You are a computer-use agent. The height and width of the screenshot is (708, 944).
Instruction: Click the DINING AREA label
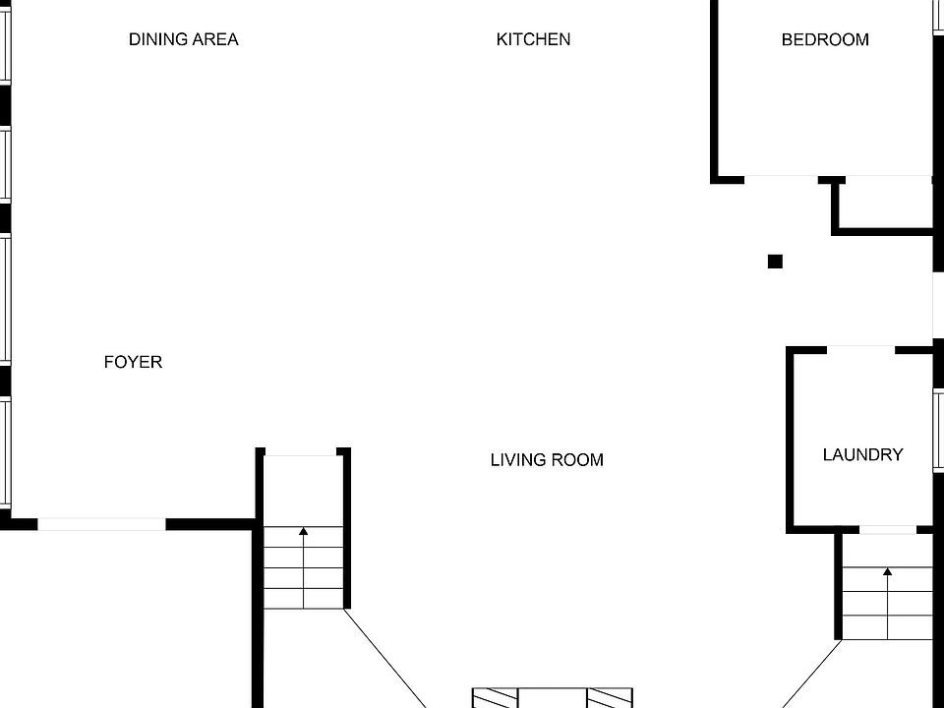[x=183, y=39]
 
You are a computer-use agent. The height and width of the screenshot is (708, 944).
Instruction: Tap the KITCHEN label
[x=533, y=39]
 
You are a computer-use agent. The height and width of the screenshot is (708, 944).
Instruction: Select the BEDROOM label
[x=825, y=39]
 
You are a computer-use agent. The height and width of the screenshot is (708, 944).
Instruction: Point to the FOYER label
[x=133, y=362]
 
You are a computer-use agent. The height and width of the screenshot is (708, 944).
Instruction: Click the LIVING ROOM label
[x=547, y=459]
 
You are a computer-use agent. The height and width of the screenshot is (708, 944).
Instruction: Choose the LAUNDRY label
[x=862, y=454]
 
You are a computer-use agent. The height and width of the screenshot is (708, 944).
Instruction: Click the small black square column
[x=775, y=262]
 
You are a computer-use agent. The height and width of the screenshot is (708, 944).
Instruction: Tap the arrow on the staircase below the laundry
[x=887, y=573]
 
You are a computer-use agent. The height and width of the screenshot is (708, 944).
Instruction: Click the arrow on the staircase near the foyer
[x=303, y=534]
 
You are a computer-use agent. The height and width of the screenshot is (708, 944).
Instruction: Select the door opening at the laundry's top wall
[x=860, y=349]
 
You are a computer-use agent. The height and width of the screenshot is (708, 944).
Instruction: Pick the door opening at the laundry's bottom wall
[x=887, y=530]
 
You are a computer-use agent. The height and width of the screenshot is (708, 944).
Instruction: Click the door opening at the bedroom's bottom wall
[x=781, y=178]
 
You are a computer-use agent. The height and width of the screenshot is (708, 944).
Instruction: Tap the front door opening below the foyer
[x=101, y=524]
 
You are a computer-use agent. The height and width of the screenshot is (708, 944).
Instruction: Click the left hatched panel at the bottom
[x=495, y=698]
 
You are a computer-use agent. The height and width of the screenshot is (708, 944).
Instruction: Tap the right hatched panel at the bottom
[x=610, y=698]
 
